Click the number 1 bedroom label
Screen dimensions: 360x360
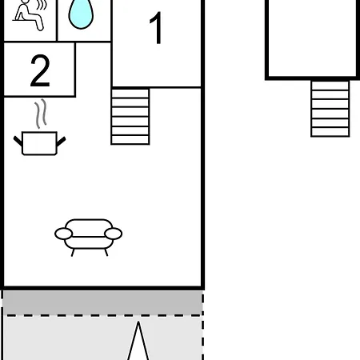pyautogui.click(x=157, y=27)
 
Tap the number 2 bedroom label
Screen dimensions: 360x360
pyautogui.click(x=40, y=70)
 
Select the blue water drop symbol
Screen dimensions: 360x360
pyautogui.click(x=81, y=14)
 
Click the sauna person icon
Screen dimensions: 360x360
pyautogui.click(x=28, y=15)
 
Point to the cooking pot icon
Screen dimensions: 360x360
pyautogui.click(x=39, y=143)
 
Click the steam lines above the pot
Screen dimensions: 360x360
pyautogui.click(x=41, y=114)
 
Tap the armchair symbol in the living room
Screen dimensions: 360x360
pyautogui.click(x=89, y=238)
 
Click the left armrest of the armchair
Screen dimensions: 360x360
pyautogui.click(x=63, y=234)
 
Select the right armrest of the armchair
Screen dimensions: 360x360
pyautogui.click(x=114, y=234)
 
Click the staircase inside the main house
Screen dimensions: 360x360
pyautogui.click(x=130, y=117)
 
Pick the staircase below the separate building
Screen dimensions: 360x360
pyautogui.click(x=330, y=109)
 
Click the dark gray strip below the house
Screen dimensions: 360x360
pyautogui.click(x=102, y=302)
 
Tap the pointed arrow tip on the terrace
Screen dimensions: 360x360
pyautogui.click(x=138, y=322)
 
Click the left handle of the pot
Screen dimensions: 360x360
pyautogui.click(x=18, y=141)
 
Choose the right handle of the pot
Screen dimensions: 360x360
pyautogui.click(x=61, y=142)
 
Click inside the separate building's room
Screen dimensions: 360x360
pyautogui.click(x=312, y=38)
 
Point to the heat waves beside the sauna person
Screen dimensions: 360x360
pyautogui.click(x=42, y=5)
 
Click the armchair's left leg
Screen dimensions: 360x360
pyautogui.click(x=73, y=252)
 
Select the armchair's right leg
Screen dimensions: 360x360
pyautogui.click(x=106, y=252)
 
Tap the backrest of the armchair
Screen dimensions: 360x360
pyautogui.click(x=89, y=227)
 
